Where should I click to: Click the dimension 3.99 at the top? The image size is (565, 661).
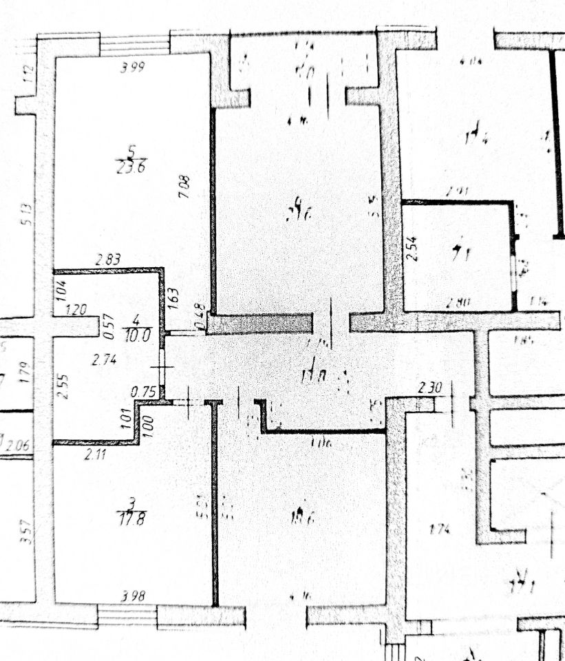pos(133,67)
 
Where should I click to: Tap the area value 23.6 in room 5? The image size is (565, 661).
pos(130,167)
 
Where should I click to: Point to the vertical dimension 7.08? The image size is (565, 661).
pos(184,187)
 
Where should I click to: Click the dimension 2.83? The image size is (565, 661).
pos(108,260)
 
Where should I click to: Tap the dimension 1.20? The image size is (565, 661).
pos(76,311)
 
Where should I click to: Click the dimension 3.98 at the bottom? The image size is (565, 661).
pos(132,597)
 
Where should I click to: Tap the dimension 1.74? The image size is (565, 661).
pos(439,529)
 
